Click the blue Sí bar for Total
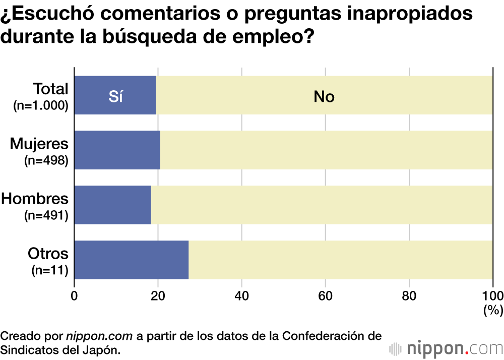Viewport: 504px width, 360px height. pyautogui.click(x=115, y=95)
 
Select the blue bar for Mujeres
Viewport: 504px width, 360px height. pyautogui.click(x=117, y=150)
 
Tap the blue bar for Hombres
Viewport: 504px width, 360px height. pyautogui.click(x=113, y=205)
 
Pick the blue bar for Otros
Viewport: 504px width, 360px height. pyautogui.click(x=132, y=260)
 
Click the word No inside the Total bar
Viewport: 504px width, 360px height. pyautogui.click(x=324, y=96)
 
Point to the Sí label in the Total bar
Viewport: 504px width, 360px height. pyautogui.click(x=116, y=96)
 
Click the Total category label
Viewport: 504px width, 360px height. pyautogui.click(x=50, y=89)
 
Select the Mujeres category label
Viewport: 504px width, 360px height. pyautogui.click(x=39, y=144)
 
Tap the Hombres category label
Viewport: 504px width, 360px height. pyautogui.click(x=35, y=199)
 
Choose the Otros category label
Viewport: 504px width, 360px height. pyautogui.click(x=48, y=253)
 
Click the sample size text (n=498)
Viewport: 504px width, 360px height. pyautogui.click(x=46, y=161)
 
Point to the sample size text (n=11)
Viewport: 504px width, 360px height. pyautogui.click(x=50, y=270)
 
